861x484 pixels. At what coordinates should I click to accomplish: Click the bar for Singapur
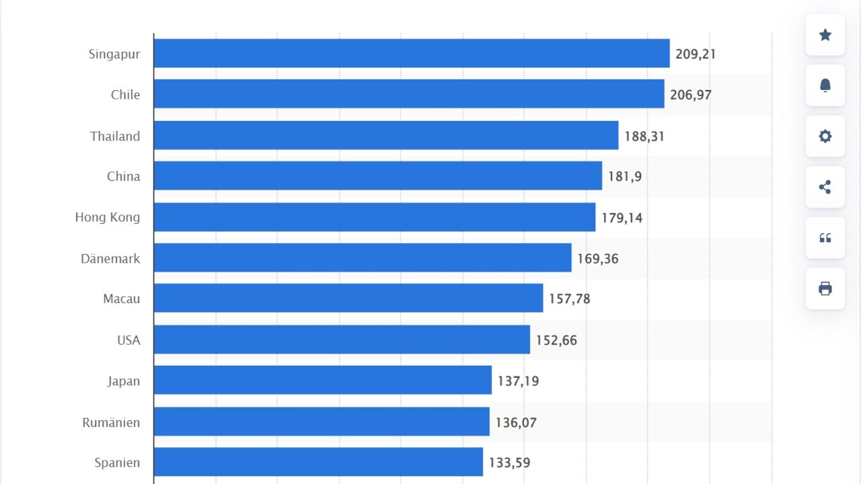click(x=411, y=53)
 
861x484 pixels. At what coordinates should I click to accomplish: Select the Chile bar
click(x=408, y=94)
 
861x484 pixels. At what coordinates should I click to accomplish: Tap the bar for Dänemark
click(x=362, y=258)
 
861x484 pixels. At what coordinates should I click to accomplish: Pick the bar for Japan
click(x=322, y=380)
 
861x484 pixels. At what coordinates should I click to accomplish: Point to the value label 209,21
click(x=696, y=54)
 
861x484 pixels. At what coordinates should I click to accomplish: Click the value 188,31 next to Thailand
click(x=644, y=136)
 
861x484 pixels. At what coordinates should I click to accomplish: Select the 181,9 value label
click(x=625, y=177)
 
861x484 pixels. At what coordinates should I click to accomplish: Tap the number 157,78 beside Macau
click(x=569, y=298)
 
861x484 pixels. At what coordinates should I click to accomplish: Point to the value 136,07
click(x=516, y=423)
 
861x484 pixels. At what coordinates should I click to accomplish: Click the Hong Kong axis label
click(x=108, y=217)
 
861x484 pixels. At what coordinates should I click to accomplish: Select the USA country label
click(x=128, y=340)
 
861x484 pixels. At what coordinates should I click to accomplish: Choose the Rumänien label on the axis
click(x=111, y=423)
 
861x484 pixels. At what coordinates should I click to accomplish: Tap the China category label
click(x=124, y=177)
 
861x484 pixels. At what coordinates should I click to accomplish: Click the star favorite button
click(x=825, y=35)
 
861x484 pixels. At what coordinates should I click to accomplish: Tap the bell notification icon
click(x=825, y=85)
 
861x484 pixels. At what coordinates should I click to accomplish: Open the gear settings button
click(x=825, y=136)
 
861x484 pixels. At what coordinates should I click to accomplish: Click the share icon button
click(x=825, y=187)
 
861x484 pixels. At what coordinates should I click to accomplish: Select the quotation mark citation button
click(x=825, y=238)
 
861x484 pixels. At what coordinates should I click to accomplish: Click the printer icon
click(x=825, y=288)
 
